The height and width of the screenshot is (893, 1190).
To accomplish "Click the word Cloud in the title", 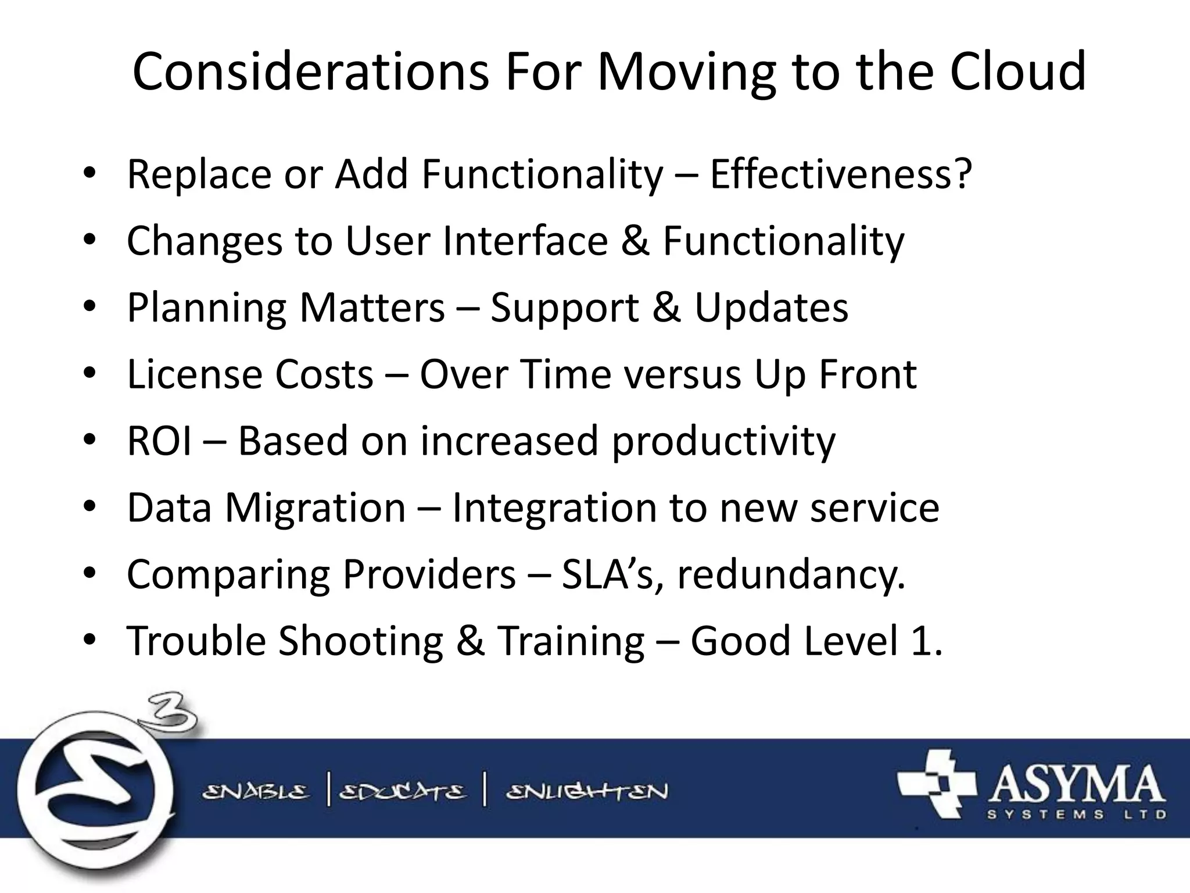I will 1017,72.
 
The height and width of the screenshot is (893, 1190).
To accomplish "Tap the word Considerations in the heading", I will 311,72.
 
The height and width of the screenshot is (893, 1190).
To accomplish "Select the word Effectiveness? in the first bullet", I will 841,174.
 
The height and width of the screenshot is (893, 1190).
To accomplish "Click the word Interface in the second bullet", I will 525,241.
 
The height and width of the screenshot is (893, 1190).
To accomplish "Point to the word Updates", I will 771,307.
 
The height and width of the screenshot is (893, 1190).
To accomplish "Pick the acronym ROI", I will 159,441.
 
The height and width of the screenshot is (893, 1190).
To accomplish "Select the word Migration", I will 316,508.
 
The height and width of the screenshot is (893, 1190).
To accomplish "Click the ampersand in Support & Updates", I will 666,307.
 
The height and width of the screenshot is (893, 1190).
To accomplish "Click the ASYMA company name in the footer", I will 1075,785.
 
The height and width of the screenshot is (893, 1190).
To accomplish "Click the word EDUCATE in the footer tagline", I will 403,792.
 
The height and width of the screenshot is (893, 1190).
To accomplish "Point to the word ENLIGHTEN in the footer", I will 587,792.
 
